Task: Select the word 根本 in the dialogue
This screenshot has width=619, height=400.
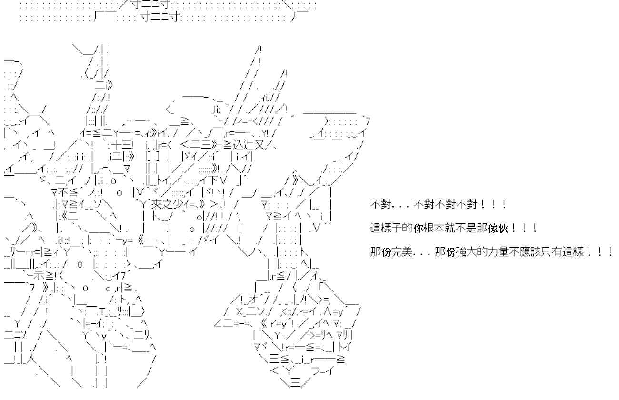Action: [x=434, y=228]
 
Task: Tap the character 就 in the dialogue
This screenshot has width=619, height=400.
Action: [x=450, y=228]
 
